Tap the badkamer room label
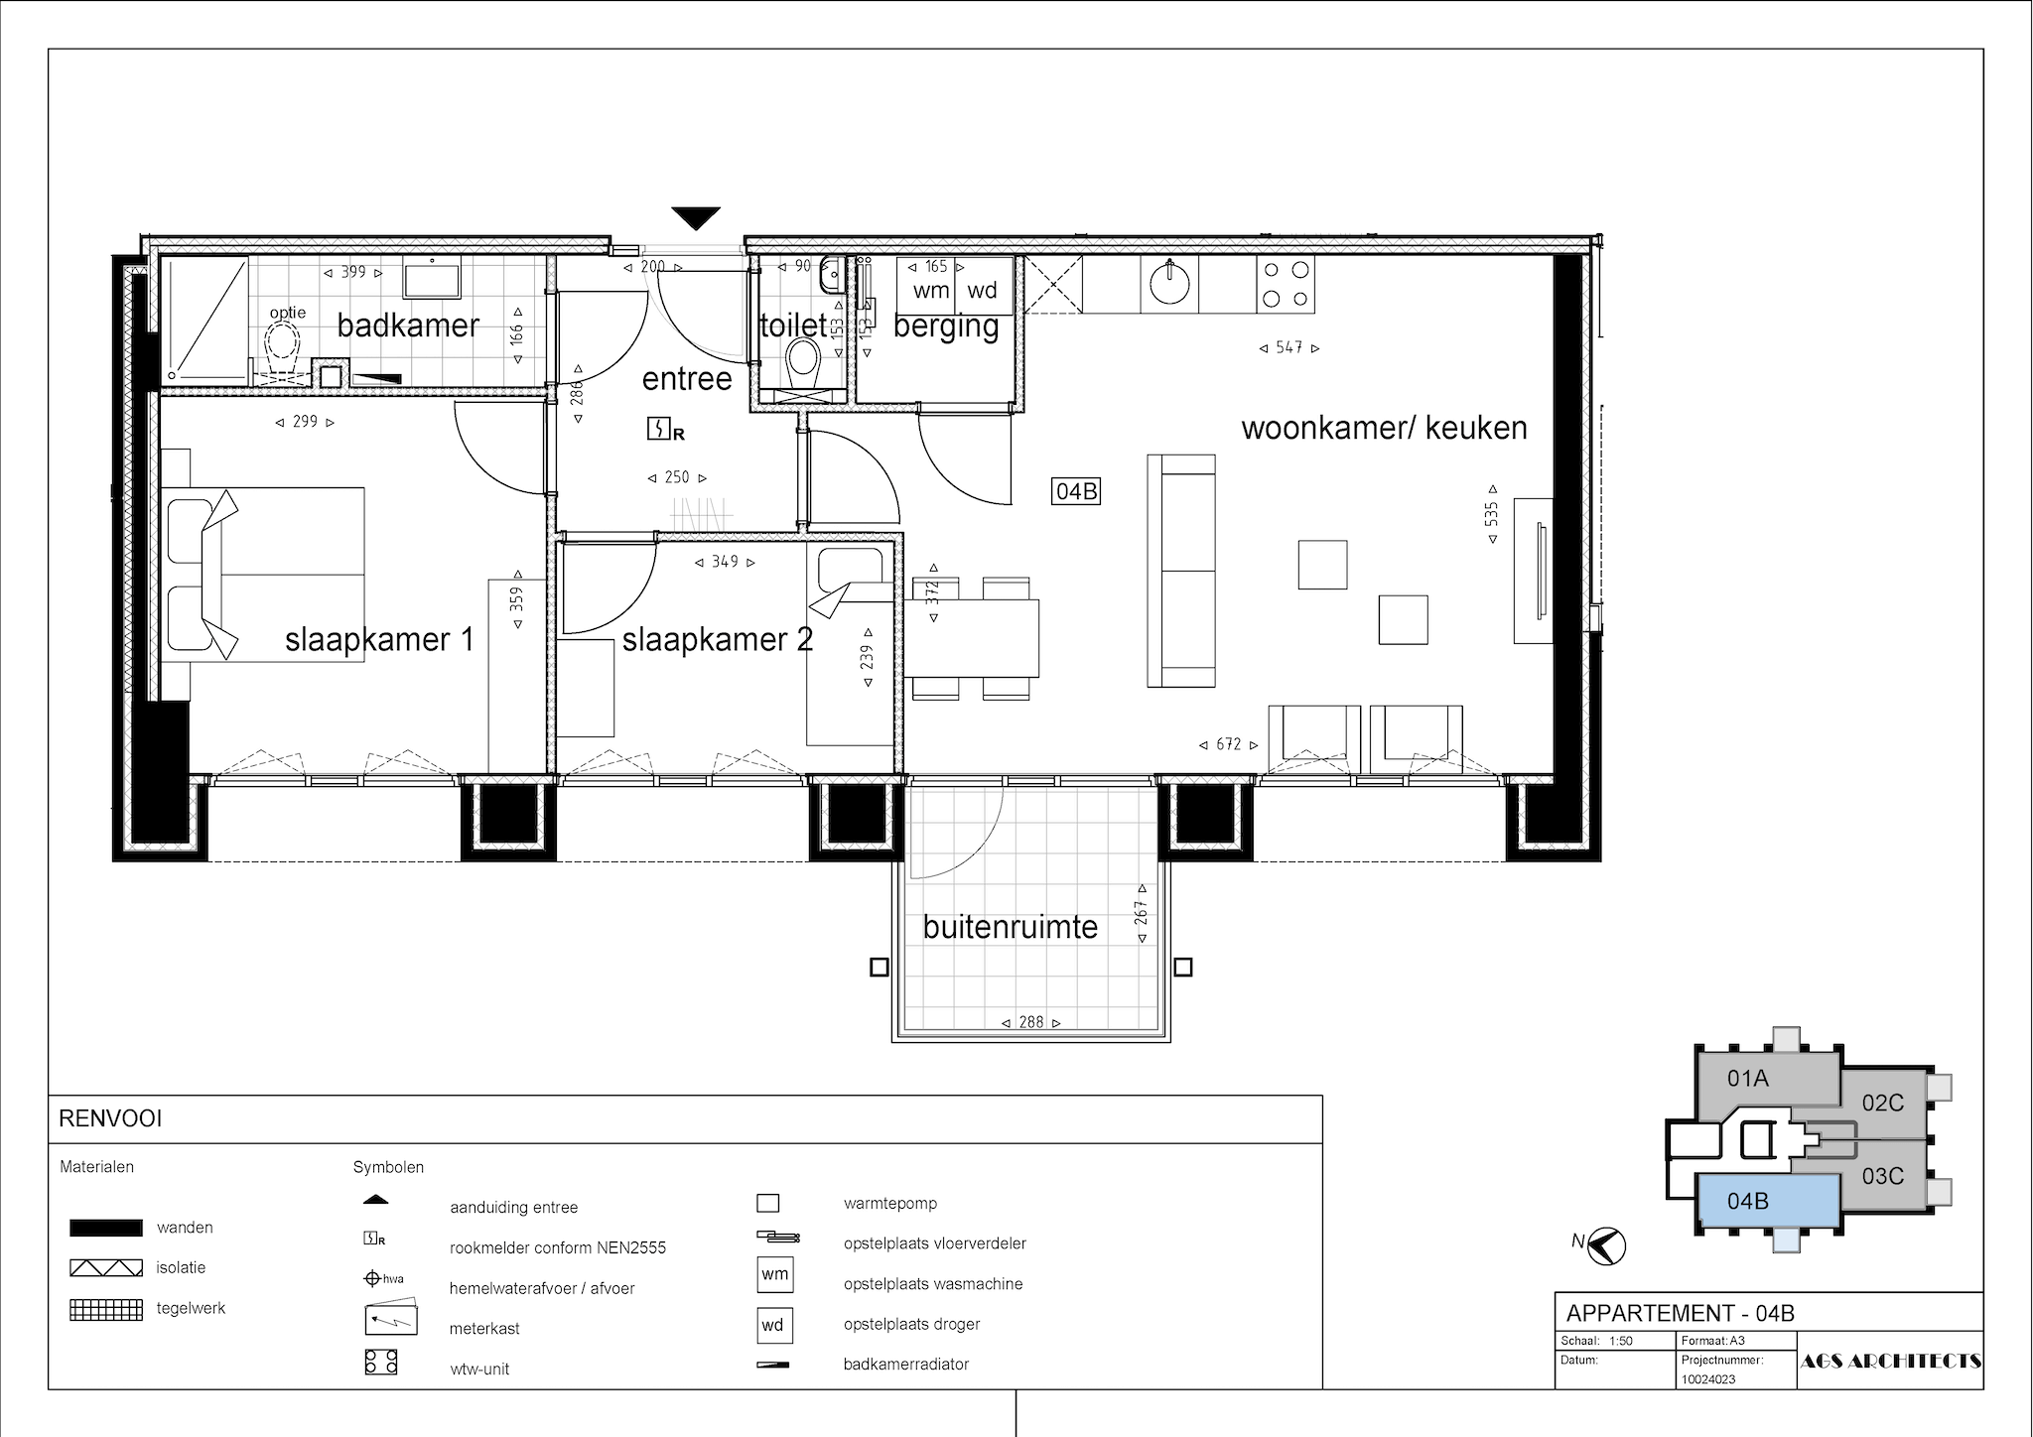(x=408, y=326)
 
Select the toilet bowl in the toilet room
(x=803, y=363)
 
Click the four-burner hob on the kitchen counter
(x=1286, y=283)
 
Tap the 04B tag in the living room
(x=1076, y=491)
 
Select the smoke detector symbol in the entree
(x=664, y=430)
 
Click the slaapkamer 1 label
(x=379, y=639)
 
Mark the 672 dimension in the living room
(x=1229, y=744)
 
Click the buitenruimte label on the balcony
(x=1011, y=927)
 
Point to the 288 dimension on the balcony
(x=1031, y=1021)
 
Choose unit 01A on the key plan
(x=1748, y=1078)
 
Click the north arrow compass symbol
(x=1605, y=1246)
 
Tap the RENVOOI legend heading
(x=110, y=1119)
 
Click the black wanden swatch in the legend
(x=105, y=1228)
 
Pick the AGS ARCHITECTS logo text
(x=1891, y=1362)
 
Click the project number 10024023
(x=1708, y=1379)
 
